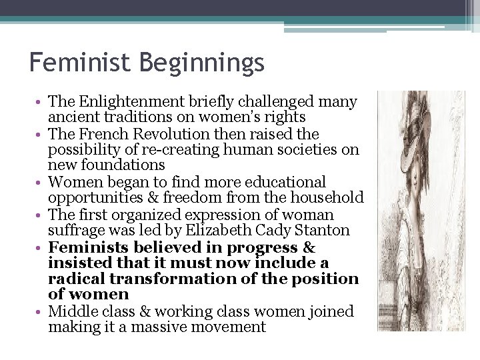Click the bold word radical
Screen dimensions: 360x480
(x=75, y=279)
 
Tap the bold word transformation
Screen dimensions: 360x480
(x=172, y=279)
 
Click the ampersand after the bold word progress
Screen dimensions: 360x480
(x=309, y=247)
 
